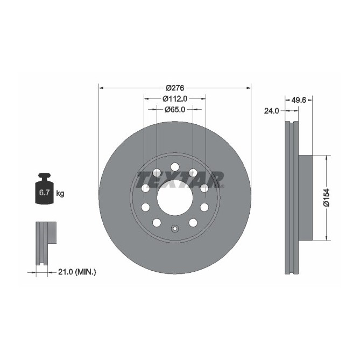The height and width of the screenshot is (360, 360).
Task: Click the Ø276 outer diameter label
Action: click(175, 88)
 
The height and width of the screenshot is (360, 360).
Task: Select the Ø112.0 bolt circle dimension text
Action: click(175, 98)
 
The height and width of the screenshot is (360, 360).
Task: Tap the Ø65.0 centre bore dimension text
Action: click(175, 109)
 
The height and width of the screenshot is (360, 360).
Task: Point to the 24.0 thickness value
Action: click(271, 111)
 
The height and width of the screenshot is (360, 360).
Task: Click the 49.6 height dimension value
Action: click(299, 100)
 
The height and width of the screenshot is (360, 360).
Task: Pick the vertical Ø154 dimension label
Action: click(326, 197)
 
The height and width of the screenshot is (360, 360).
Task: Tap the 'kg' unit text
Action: click(60, 193)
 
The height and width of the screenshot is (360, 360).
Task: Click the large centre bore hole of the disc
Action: click(175, 197)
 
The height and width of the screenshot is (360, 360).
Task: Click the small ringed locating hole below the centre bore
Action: click(175, 229)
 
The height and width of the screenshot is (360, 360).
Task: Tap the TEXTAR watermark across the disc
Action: click(180, 179)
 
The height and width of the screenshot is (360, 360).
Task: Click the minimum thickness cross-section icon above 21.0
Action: click(45, 242)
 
